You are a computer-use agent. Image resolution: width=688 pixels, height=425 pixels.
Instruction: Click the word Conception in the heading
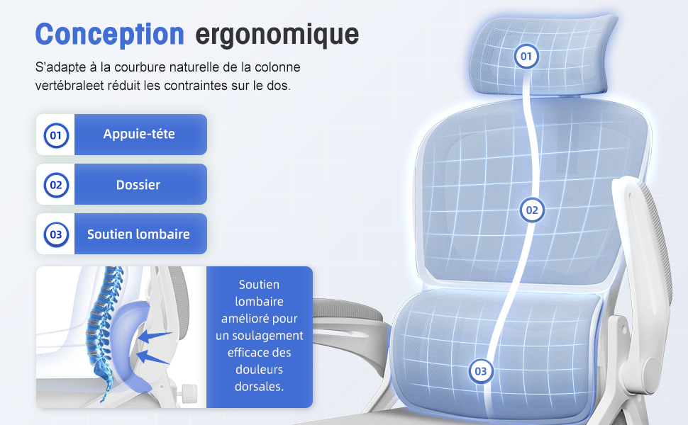pyautogui.click(x=110, y=35)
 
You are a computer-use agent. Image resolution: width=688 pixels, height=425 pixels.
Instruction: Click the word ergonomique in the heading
pyautogui.click(x=277, y=35)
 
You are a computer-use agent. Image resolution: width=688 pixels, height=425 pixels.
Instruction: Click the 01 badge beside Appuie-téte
pyautogui.click(x=56, y=135)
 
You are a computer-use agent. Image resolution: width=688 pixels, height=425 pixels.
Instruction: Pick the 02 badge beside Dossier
pyautogui.click(x=56, y=185)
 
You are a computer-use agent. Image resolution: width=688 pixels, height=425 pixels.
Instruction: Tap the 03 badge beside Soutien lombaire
pyautogui.click(x=56, y=234)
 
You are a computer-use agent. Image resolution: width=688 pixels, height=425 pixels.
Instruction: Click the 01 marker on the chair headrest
pyautogui.click(x=526, y=56)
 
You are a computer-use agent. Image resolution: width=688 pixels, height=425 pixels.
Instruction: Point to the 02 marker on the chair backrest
pyautogui.click(x=532, y=210)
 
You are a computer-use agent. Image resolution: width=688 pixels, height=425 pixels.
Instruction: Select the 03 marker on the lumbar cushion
pyautogui.click(x=481, y=371)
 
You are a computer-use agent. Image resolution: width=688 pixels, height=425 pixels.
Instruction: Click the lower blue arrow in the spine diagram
pyautogui.click(x=152, y=358)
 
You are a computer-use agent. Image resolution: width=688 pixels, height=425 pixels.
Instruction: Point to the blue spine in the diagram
pyautogui.click(x=102, y=333)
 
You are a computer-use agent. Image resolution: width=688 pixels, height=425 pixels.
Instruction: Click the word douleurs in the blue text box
pyautogui.click(x=259, y=369)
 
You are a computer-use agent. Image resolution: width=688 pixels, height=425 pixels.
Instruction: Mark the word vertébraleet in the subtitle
pyautogui.click(x=70, y=86)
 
